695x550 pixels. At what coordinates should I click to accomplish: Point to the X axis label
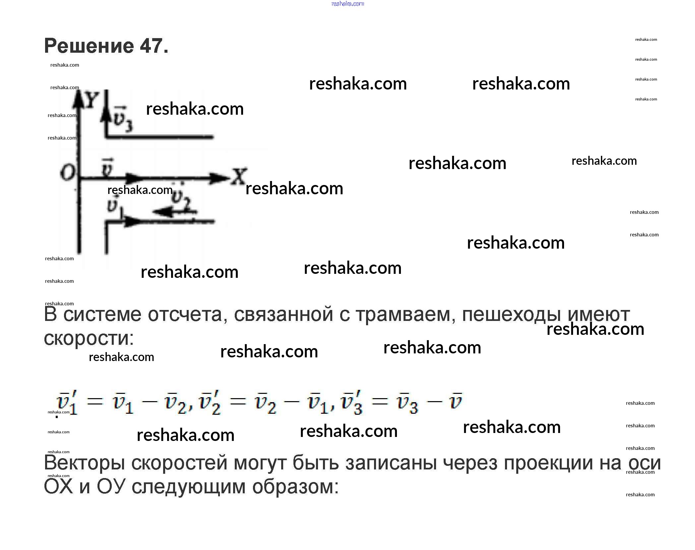coord(239,176)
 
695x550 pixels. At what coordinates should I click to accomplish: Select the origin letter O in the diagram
coord(67,172)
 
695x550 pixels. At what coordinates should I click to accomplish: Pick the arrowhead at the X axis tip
coord(221,178)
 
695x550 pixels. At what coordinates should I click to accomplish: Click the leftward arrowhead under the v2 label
coord(162,211)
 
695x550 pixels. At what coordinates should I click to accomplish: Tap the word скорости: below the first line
coord(89,338)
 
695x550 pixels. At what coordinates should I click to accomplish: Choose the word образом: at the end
coord(295,487)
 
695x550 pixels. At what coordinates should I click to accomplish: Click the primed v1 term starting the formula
coord(68,402)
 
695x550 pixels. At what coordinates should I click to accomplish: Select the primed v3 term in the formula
coord(352,402)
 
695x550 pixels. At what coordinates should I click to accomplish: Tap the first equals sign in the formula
coord(95,402)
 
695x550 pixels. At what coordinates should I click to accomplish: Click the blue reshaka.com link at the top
coord(347,4)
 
